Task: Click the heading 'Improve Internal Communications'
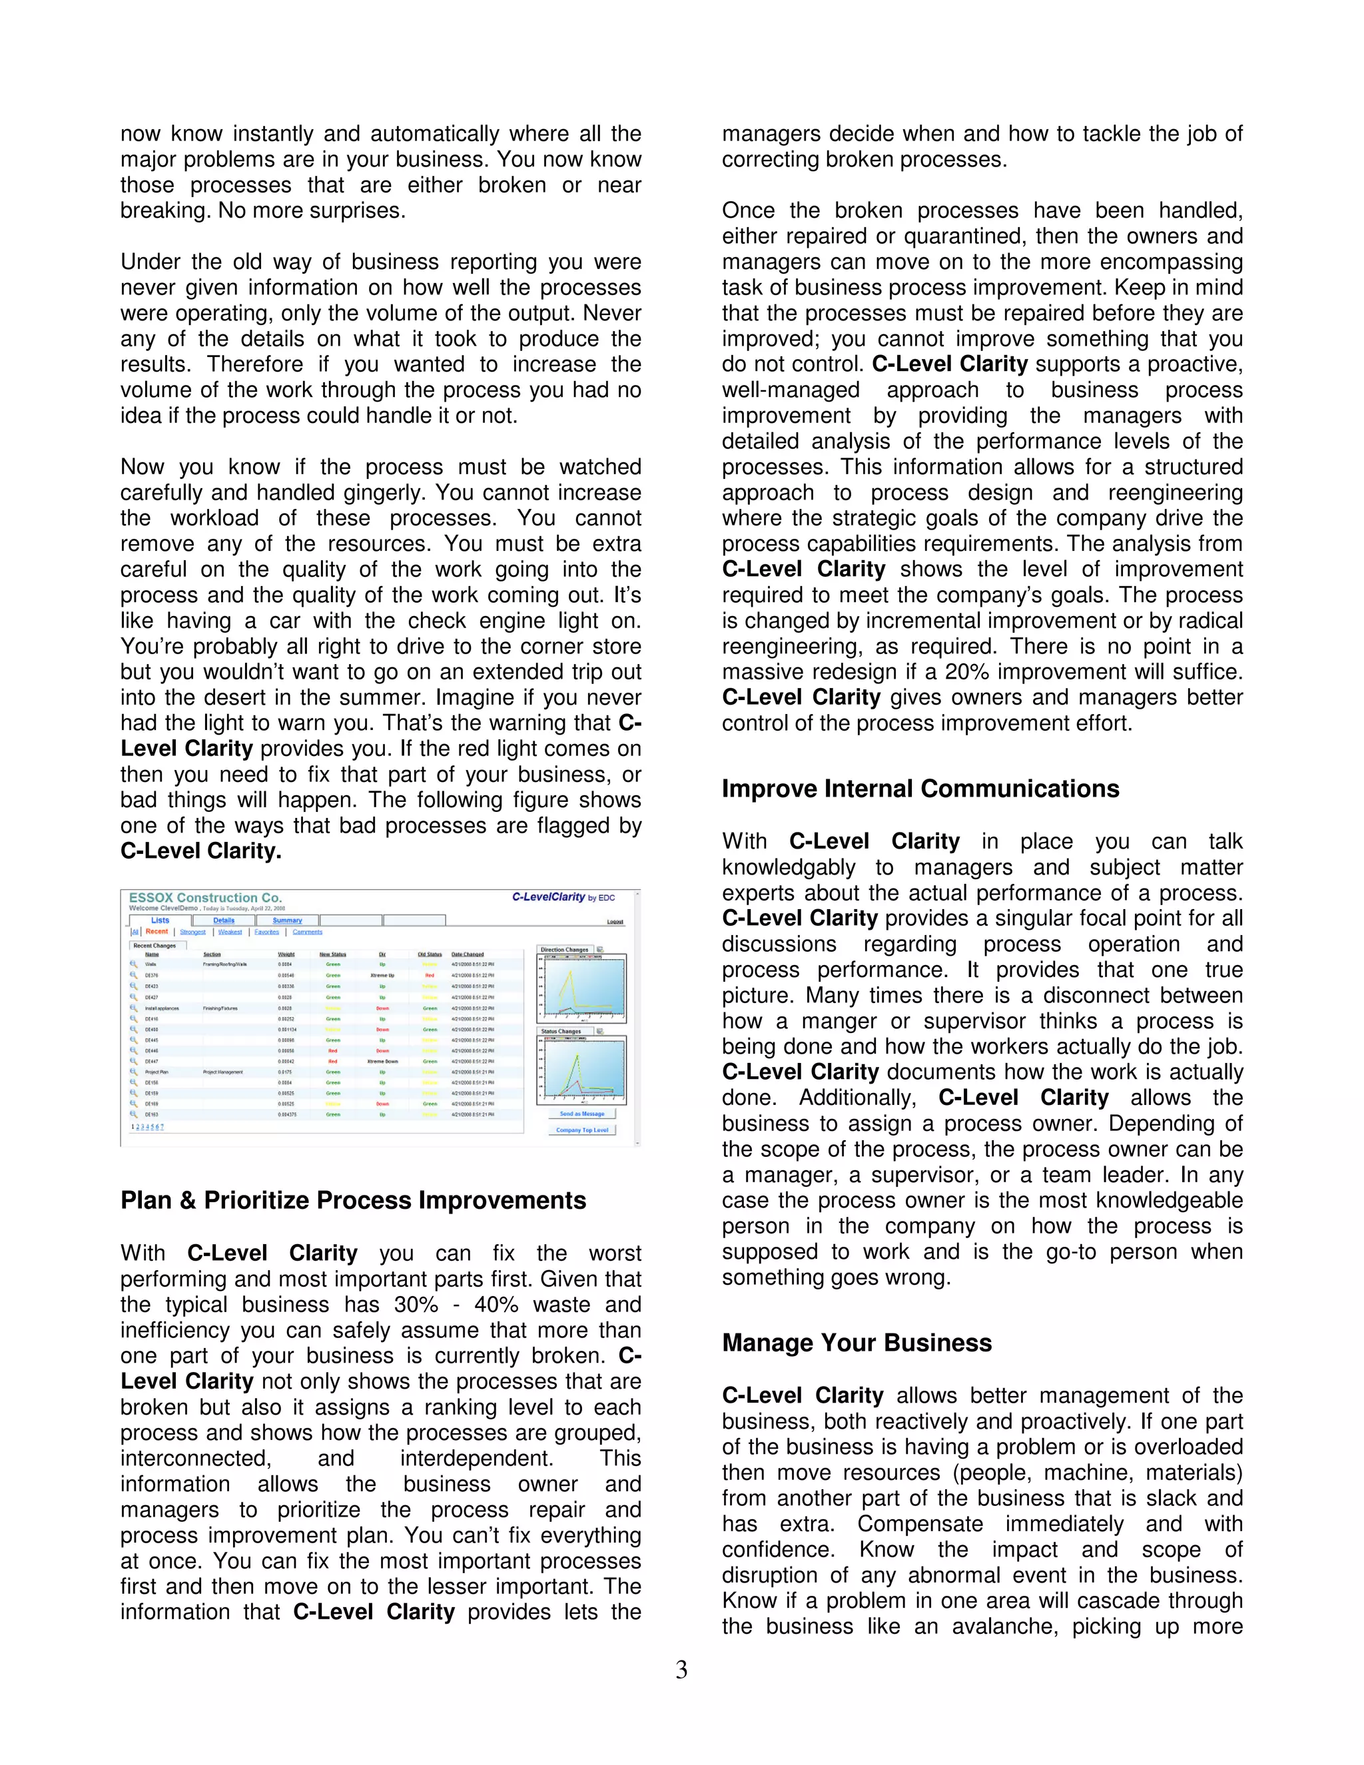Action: [x=920, y=789]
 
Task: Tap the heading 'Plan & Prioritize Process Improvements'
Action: [x=353, y=1200]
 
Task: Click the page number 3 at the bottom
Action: [x=681, y=1670]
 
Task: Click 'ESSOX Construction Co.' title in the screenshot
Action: [x=205, y=898]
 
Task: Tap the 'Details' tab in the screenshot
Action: [x=224, y=920]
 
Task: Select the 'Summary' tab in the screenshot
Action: [x=287, y=920]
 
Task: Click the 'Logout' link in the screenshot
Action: [x=615, y=921]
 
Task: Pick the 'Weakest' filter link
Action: [x=230, y=932]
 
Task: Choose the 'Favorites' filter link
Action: [x=266, y=932]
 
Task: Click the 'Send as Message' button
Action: [x=582, y=1114]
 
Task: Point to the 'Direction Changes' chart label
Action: [x=564, y=950]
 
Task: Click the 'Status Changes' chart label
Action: [x=561, y=1031]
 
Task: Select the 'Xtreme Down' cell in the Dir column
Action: [x=382, y=1061]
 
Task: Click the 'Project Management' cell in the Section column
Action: [x=222, y=1072]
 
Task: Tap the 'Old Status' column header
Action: [x=429, y=954]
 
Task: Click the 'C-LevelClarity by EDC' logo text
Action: [x=563, y=897]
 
